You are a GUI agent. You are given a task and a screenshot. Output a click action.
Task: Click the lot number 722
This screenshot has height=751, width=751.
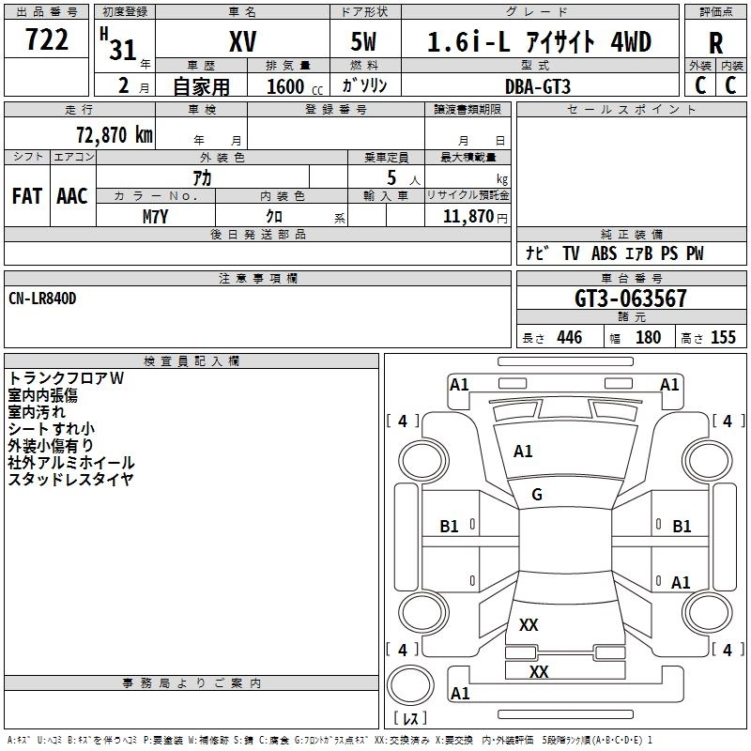point(48,41)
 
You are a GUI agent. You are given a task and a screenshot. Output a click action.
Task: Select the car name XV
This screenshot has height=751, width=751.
point(242,41)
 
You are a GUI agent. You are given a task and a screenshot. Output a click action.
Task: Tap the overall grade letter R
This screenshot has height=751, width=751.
point(715,42)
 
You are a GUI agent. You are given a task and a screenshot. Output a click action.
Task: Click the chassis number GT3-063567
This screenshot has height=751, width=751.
point(631,299)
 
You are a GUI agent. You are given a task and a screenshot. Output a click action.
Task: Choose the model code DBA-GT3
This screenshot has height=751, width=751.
point(536,85)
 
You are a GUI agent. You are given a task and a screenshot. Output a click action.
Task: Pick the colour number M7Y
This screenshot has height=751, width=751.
point(156,215)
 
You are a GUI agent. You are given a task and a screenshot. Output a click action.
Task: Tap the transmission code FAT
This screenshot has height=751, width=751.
point(27,195)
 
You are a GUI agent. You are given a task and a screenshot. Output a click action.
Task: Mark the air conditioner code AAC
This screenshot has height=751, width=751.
point(72,195)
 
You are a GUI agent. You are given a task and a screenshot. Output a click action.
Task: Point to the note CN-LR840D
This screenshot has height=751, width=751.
point(42,299)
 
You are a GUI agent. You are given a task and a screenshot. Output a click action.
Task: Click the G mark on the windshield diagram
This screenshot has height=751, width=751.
point(537,495)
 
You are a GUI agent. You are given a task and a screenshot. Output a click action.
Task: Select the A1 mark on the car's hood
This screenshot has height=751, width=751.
point(523,452)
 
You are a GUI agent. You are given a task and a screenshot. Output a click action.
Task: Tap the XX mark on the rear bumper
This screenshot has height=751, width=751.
point(539,672)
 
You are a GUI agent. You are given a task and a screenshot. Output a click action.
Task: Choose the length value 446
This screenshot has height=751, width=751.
point(569,338)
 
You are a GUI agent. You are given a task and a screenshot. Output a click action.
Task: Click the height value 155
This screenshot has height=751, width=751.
point(723,338)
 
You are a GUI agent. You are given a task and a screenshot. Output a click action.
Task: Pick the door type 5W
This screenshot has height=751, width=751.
point(364,41)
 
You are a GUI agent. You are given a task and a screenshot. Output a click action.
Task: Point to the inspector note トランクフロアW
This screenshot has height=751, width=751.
point(67,378)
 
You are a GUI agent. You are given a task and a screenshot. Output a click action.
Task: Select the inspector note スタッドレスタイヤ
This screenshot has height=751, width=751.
point(71,480)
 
